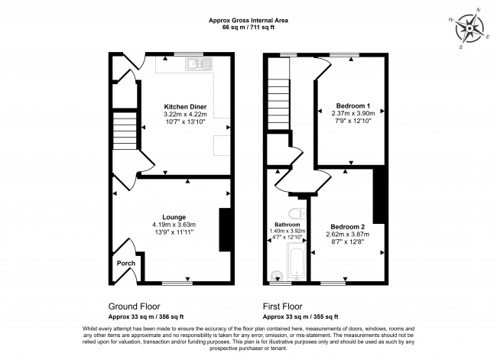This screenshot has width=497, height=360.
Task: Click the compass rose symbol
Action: coord(469,29)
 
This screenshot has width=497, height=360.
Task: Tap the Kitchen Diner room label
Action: coord(186,106)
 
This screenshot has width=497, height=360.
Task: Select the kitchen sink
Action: coord(199,64)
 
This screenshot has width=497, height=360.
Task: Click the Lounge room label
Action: coord(174,217)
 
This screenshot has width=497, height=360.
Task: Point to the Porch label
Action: coord(126,263)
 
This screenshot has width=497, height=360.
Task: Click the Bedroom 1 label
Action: coord(353,105)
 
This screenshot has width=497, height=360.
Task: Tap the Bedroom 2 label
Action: coord(347,227)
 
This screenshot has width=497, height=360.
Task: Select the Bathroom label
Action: coord(287,225)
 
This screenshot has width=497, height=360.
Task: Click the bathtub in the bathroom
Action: coord(297,261)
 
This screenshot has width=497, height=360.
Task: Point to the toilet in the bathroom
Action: coord(297,214)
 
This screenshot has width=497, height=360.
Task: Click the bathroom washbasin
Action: coord(278,276)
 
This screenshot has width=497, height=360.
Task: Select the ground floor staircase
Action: coord(125,130)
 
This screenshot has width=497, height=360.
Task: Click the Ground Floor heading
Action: coord(134,306)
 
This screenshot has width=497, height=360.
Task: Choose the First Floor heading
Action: coord(283,306)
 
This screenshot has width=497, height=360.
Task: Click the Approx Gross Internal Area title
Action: coord(248,21)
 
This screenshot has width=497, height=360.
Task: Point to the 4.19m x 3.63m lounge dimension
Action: coord(174,225)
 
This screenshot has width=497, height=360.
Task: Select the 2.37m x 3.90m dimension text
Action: coord(353,113)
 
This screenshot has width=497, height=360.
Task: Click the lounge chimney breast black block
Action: coord(225,230)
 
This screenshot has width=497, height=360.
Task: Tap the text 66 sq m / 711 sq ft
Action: coord(248,28)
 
